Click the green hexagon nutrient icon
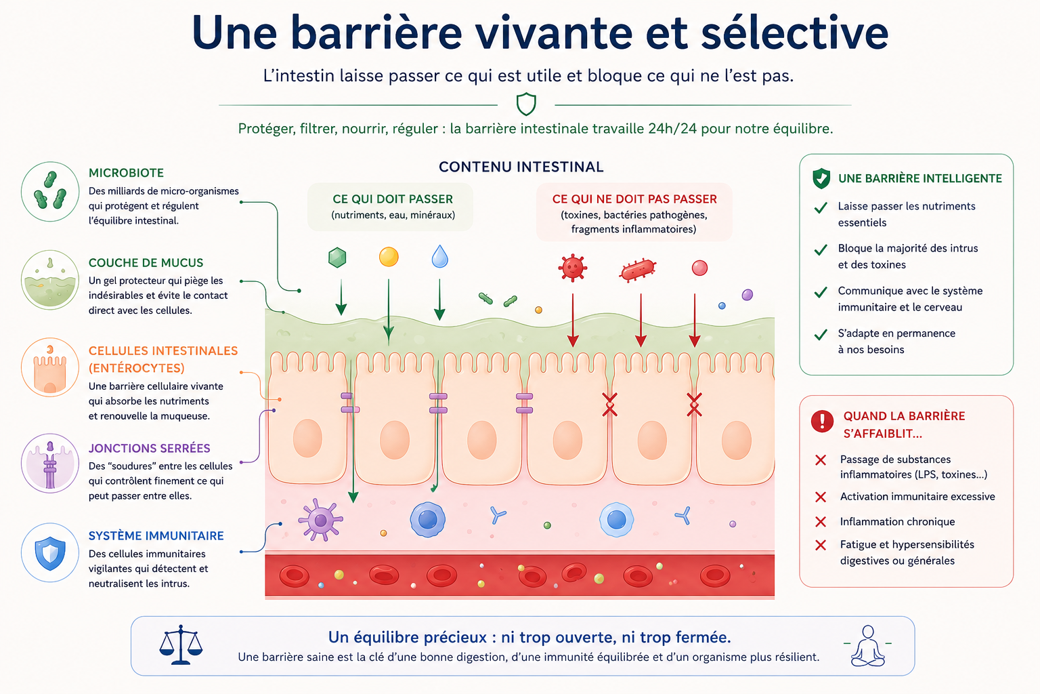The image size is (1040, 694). [337, 258]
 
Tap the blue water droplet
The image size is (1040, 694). [439, 257]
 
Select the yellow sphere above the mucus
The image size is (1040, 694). [389, 257]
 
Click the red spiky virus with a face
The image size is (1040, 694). [572, 268]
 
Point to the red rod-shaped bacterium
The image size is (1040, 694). [638, 270]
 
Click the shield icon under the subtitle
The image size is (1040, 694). [526, 104]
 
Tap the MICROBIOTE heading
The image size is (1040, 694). [127, 173]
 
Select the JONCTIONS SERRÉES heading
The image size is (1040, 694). [150, 448]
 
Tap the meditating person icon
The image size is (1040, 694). [867, 646]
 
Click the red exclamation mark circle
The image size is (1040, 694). [822, 421]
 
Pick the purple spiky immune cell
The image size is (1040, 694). [320, 520]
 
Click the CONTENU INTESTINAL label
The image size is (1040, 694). [521, 167]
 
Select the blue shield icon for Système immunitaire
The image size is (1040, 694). [50, 552]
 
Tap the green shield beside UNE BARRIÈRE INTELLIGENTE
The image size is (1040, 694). [821, 178]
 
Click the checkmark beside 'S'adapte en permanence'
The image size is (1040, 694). [821, 334]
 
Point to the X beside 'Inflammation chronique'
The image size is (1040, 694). [821, 522]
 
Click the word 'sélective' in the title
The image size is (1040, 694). [794, 33]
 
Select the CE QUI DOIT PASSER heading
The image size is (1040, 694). [393, 199]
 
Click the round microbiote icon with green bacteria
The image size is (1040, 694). [50, 192]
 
